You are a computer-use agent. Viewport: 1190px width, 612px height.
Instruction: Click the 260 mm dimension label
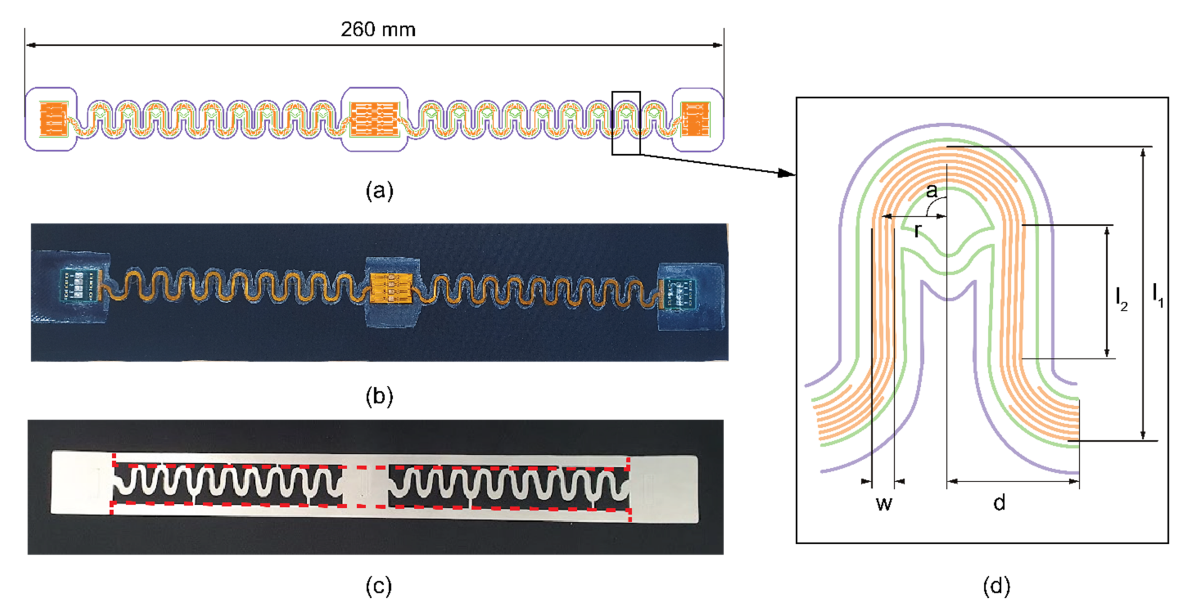378,29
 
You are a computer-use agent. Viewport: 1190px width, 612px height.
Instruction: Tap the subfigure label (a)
379,190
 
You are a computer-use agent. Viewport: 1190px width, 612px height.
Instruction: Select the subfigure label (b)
379,396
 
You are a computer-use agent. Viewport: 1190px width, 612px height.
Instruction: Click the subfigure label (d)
996,586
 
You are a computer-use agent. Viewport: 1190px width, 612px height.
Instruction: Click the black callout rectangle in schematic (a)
626,123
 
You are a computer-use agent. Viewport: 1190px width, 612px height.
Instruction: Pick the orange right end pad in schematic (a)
696,119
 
